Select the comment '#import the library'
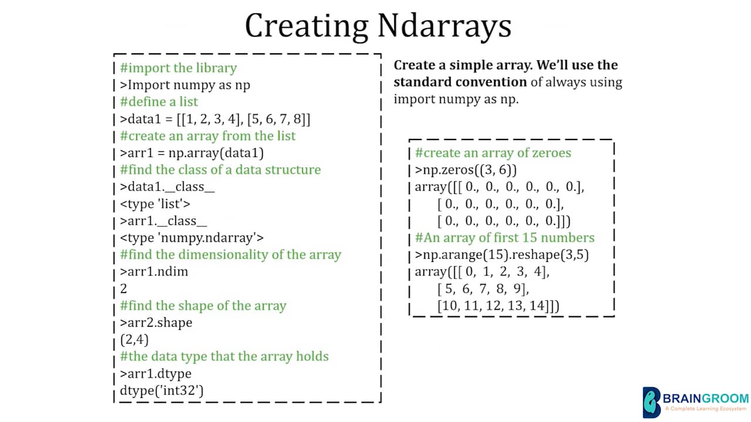point(178,68)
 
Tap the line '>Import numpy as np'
point(185,85)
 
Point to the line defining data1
point(215,119)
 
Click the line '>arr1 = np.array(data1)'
point(192,153)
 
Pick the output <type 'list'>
point(155,204)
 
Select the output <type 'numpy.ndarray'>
point(192,238)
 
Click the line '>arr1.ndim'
point(154,272)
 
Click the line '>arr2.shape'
point(156,323)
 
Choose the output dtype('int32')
point(161,390)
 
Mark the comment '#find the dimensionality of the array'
point(231,255)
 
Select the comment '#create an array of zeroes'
point(493,153)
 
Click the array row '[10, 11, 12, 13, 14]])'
point(498,306)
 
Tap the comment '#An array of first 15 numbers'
point(505,238)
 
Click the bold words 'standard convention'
point(460,82)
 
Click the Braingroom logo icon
point(651,402)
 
